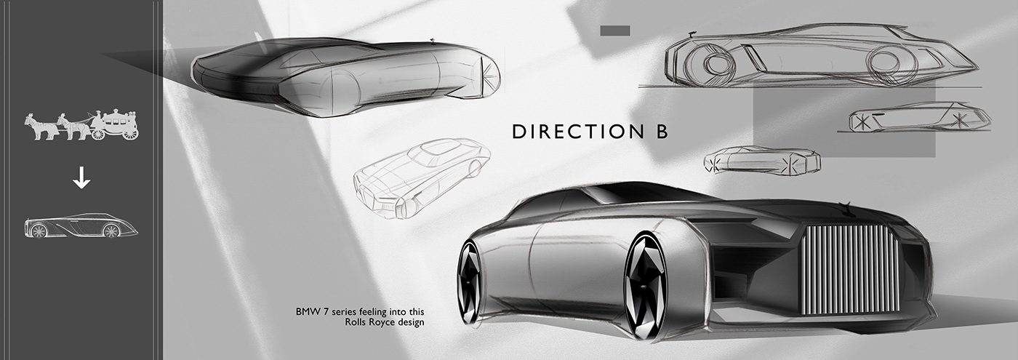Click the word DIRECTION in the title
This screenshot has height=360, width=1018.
pos(571,132)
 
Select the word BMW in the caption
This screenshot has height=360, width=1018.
pos(307,311)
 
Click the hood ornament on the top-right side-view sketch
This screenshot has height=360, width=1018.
pos(692,33)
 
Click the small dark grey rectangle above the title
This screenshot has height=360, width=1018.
pos(614,31)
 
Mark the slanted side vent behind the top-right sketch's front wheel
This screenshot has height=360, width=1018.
pos(756,59)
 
